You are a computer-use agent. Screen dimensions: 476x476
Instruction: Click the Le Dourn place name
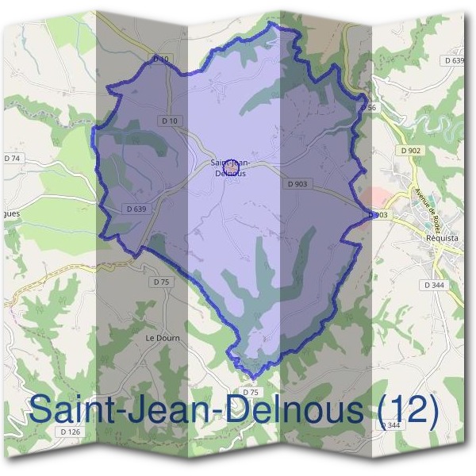click(163, 337)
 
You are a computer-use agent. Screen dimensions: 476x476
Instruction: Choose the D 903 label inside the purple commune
click(298, 183)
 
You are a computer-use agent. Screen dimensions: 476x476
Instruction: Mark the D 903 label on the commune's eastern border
click(378, 215)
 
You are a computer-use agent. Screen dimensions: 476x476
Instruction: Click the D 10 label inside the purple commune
click(169, 121)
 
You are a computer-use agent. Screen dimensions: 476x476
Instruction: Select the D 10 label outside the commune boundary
click(161, 59)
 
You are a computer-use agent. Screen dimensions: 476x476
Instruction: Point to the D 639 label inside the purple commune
click(136, 209)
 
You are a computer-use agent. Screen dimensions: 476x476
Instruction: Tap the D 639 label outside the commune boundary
click(454, 60)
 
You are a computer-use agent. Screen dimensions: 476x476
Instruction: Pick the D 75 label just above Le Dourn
click(161, 282)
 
